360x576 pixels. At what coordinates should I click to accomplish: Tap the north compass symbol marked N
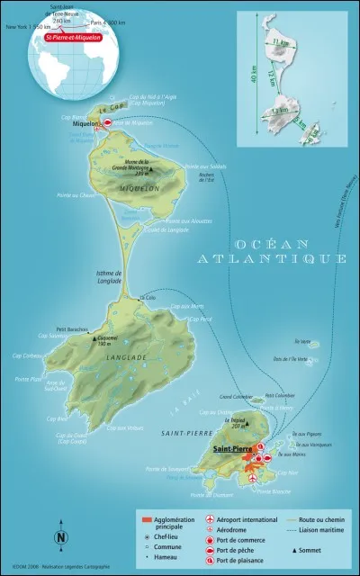pos(60,537)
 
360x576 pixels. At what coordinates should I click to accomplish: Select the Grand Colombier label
pos(233,395)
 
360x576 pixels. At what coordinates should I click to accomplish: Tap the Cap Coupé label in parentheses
pos(70,442)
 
